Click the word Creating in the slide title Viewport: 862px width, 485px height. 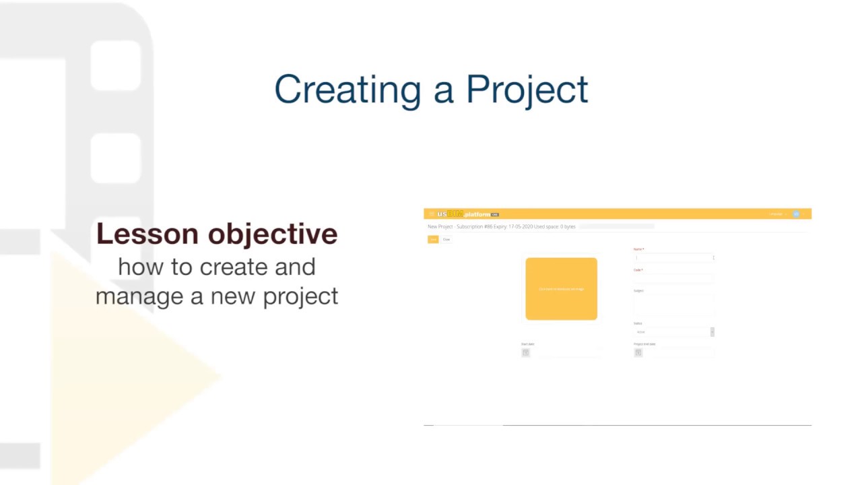(347, 90)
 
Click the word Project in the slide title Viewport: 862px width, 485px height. (527, 90)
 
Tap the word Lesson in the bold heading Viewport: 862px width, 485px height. (147, 234)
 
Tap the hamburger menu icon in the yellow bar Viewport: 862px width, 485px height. (431, 214)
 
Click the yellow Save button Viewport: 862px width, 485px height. (433, 239)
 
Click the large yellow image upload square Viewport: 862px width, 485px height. (561, 288)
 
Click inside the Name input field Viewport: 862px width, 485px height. (673, 257)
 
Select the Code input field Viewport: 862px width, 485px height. (673, 278)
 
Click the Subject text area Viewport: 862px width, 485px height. (673, 304)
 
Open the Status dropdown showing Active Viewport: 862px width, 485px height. (673, 332)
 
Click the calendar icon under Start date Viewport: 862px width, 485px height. (526, 352)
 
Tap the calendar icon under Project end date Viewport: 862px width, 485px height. (638, 352)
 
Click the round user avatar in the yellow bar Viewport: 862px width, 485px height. (796, 214)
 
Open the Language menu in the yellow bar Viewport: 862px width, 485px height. (777, 214)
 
